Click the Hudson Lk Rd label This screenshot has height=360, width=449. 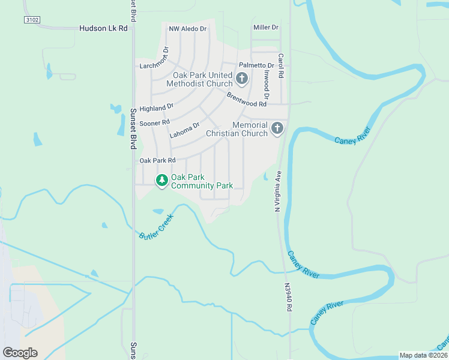[104, 28]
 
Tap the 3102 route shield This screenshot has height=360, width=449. [32, 20]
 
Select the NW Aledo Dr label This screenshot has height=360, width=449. [187, 29]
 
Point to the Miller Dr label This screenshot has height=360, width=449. [266, 28]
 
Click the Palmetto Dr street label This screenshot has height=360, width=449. [256, 65]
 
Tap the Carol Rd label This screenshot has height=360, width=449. [280, 67]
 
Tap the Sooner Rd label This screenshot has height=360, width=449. [154, 123]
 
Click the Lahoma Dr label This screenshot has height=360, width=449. [184, 130]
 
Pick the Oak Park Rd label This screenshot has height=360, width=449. [157, 160]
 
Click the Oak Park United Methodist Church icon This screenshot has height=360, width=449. [241, 77]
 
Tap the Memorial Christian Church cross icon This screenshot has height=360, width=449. [277, 128]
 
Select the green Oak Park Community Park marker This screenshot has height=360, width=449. [161, 180]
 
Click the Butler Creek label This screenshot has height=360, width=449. [156, 225]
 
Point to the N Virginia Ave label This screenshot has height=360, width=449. [278, 191]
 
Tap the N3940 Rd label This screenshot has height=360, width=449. [289, 298]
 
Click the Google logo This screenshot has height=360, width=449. [20, 352]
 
